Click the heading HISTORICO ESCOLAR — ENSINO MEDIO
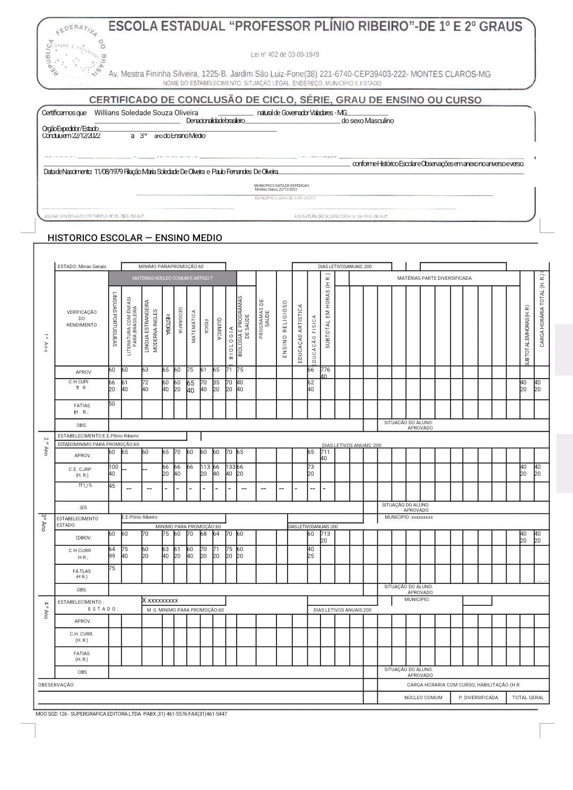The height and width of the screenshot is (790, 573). point(135,238)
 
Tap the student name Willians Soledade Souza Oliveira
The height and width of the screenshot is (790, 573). point(146,113)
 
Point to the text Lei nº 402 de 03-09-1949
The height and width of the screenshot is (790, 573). point(285,55)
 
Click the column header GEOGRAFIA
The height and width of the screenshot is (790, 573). point(180,321)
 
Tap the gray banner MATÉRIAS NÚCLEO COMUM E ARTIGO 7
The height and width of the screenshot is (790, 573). point(172,278)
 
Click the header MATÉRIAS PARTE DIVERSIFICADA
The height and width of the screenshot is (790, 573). point(434,278)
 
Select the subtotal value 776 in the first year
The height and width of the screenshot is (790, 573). point(325,370)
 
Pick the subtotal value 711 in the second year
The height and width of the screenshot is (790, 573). point(325,452)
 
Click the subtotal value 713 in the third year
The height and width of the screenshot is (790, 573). point(325,534)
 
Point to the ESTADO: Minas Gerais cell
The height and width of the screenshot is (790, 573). point(82,267)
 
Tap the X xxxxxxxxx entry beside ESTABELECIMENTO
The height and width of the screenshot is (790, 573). point(160,600)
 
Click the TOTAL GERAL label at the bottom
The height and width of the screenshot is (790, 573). point(528,698)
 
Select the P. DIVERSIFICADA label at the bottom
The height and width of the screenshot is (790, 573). point(478,698)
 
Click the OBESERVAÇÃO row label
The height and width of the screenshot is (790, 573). point(56,685)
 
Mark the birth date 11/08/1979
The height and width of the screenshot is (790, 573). point(108,171)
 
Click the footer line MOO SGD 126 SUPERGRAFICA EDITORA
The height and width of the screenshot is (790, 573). point(131,714)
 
